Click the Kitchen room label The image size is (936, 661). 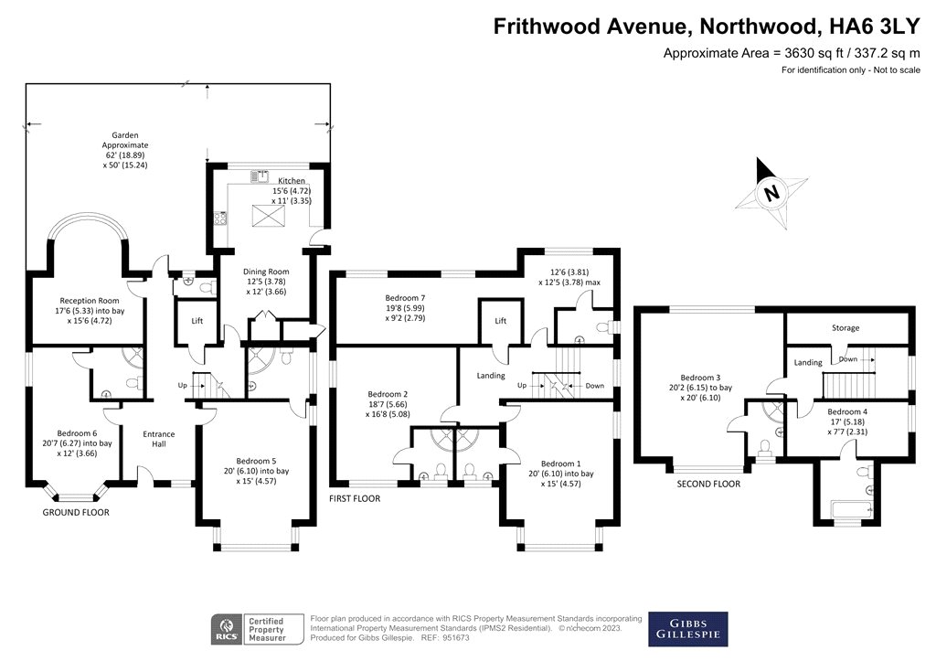tap(292, 180)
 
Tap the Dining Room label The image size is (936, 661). tap(266, 272)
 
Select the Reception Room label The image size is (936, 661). tap(90, 301)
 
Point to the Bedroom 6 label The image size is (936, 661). tap(77, 433)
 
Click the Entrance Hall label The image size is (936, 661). tap(159, 439)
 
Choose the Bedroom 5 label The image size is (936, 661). tap(256, 461)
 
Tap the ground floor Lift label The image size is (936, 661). tap(197, 321)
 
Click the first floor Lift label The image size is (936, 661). tap(500, 321)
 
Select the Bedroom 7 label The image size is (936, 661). tap(405, 298)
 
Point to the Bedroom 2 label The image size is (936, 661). tap(388, 394)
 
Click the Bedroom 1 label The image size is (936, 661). tap(560, 464)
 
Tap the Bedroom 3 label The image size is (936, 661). tap(700, 378)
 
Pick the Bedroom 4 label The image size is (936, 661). tap(847, 411)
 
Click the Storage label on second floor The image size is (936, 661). tap(846, 328)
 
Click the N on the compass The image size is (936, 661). tap(771, 193)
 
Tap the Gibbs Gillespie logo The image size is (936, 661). tap(688, 629)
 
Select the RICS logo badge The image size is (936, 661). tap(227, 630)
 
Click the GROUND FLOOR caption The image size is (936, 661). tap(76, 512)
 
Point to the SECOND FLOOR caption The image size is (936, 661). tap(708, 484)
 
